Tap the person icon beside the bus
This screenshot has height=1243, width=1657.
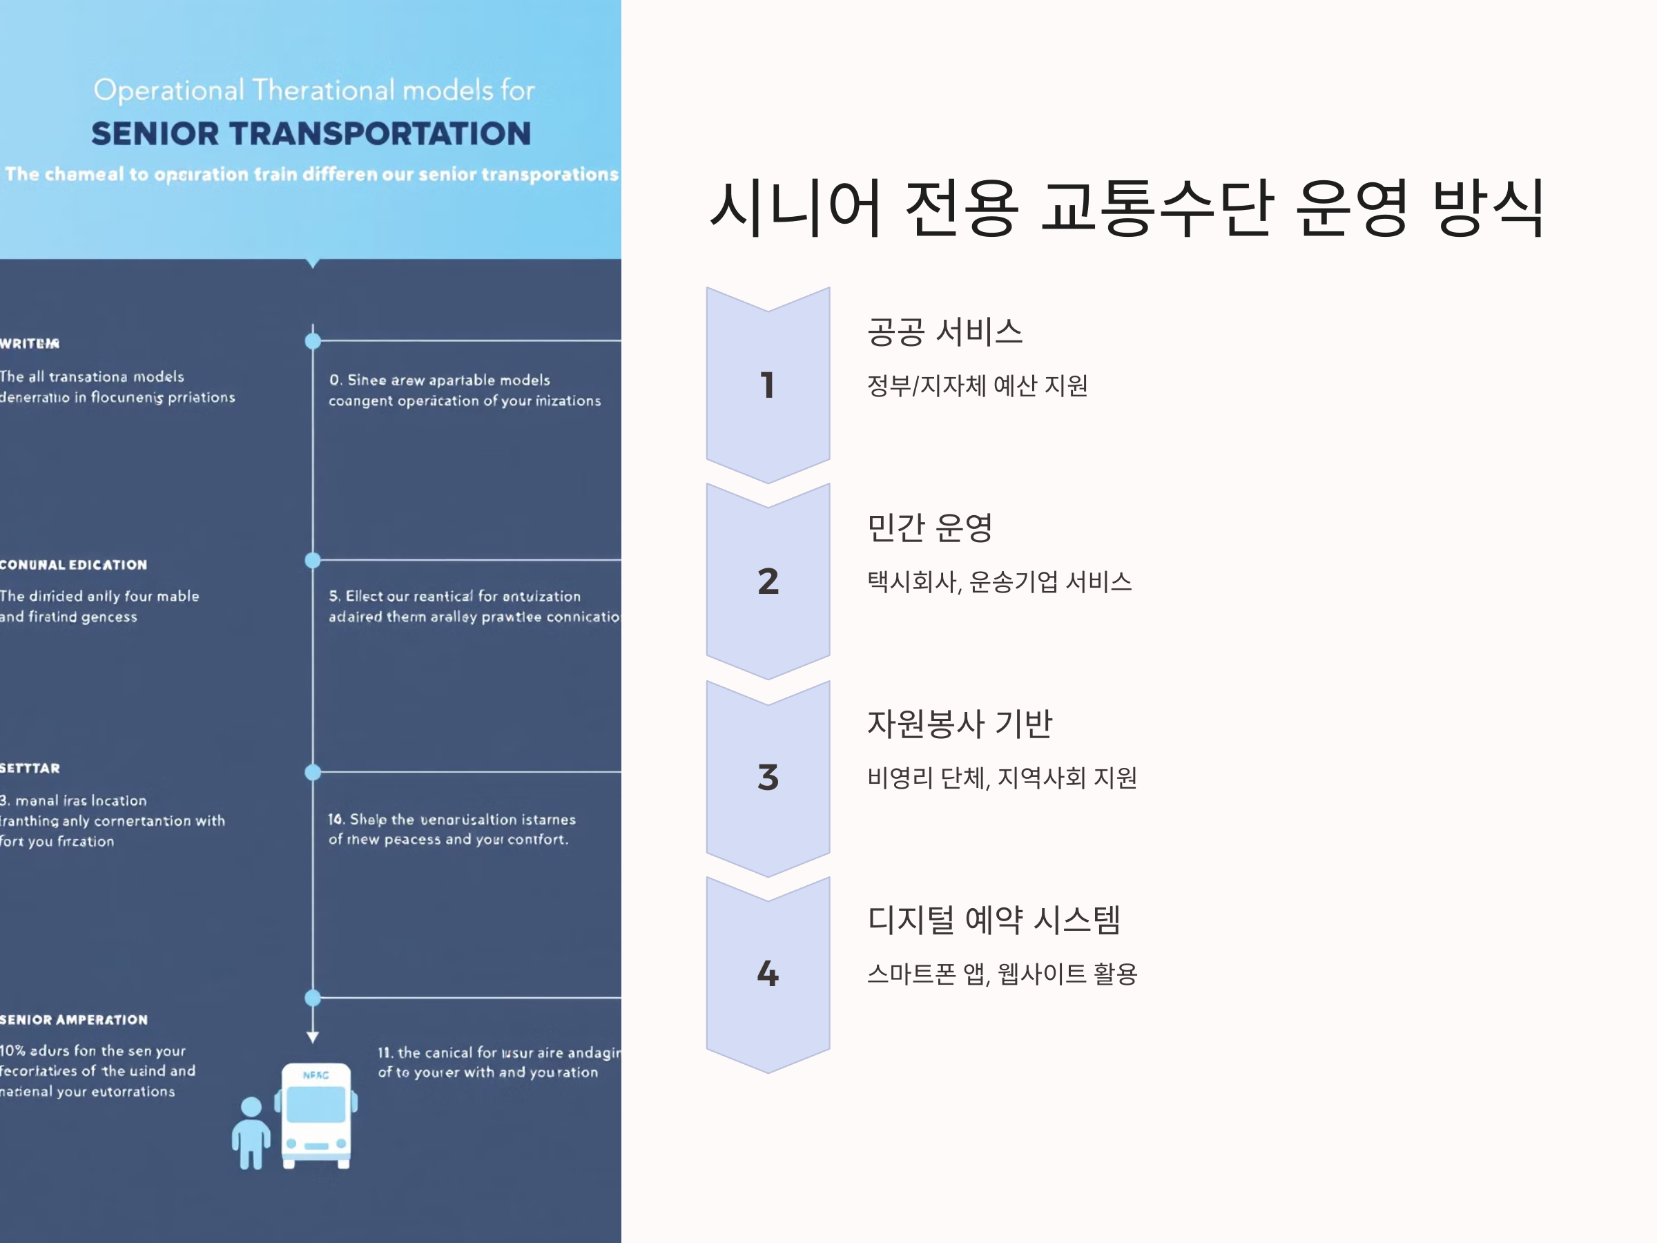(x=251, y=1133)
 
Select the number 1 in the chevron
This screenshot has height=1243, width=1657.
(x=767, y=385)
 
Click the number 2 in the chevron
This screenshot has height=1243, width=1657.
(x=768, y=581)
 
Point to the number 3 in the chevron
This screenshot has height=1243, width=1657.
(x=768, y=778)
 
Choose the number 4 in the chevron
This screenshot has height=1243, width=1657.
(x=768, y=973)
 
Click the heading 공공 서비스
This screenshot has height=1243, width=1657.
(x=944, y=332)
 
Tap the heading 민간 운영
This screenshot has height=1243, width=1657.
(x=929, y=528)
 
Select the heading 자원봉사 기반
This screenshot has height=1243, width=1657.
(x=960, y=724)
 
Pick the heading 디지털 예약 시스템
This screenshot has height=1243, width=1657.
(x=994, y=920)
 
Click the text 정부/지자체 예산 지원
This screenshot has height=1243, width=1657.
(x=977, y=386)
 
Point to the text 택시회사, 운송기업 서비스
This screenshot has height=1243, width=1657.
(x=999, y=582)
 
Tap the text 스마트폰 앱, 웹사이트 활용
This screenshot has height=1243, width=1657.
(x=1002, y=974)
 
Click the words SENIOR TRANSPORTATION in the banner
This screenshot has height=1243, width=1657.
(x=311, y=134)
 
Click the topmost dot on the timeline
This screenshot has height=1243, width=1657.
(x=313, y=342)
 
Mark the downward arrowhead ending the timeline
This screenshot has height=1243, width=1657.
(x=313, y=1038)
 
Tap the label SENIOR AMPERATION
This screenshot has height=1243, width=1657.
(x=74, y=1020)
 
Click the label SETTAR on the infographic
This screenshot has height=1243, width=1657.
(x=30, y=768)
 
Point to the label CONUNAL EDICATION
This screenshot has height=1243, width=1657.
(x=73, y=565)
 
